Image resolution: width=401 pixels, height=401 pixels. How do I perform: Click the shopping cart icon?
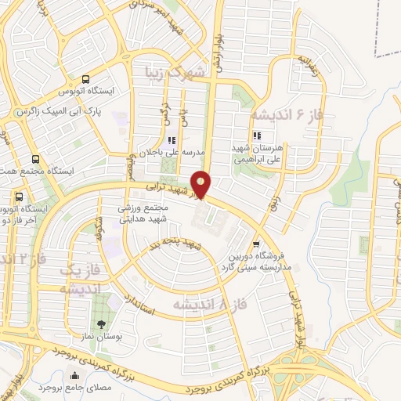tap(256, 244)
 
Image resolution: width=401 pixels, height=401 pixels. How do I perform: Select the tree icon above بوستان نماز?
tap(99, 324)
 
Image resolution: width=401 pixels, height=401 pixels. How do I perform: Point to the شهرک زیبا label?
tap(174, 73)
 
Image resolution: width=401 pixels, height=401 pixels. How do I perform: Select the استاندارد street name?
tap(141, 307)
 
